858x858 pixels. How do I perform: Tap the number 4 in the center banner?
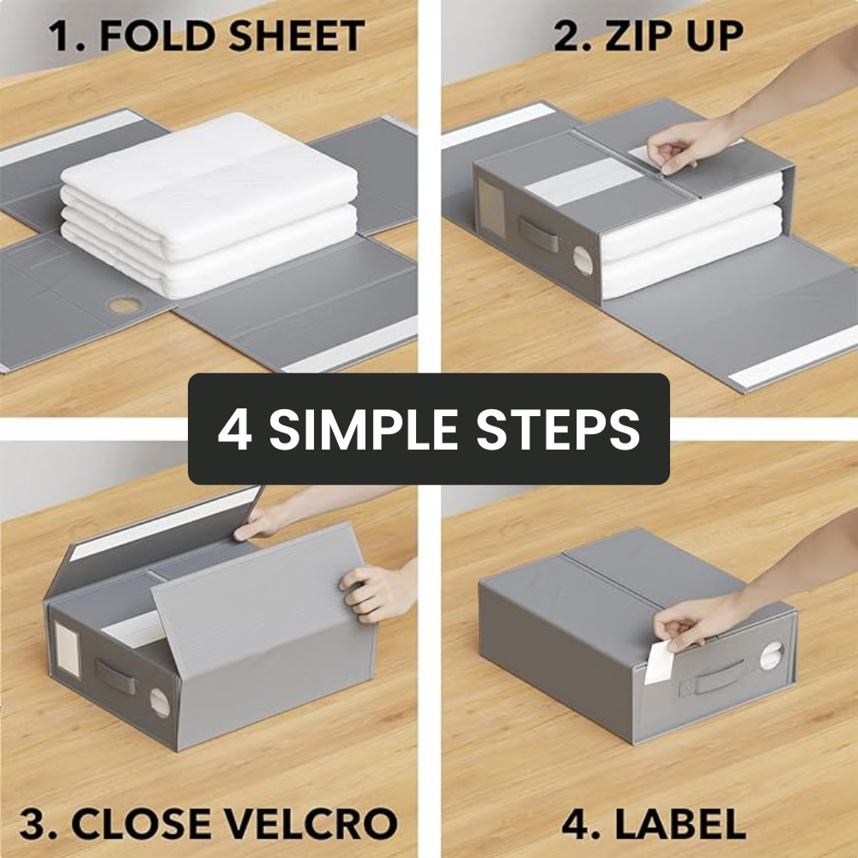pos(234,430)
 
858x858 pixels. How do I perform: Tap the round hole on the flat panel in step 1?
pos(125,305)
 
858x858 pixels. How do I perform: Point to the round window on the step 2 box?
pos(583,261)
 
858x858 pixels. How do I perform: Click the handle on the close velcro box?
pos(115,676)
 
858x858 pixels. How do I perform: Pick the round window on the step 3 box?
pos(160,702)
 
